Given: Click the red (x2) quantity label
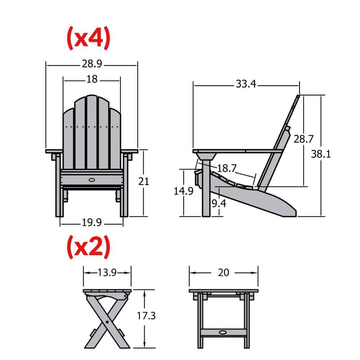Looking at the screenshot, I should coord(88,247).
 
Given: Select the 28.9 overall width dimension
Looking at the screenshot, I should coord(92,64).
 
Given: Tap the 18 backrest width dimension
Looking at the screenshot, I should coord(92,79).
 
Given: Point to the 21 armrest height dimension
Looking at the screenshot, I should coord(144,181).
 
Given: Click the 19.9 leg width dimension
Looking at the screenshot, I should coord(91,223).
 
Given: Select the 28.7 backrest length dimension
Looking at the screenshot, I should coord(304,139).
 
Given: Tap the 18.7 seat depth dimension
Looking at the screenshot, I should coord(227,168).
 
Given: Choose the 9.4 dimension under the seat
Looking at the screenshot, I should coord(219,204).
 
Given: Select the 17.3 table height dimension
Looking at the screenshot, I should coord(146,316).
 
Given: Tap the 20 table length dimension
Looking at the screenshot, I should coord(223,273).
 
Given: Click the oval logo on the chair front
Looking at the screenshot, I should coord(92,179).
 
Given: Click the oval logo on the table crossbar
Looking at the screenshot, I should coord(223,332).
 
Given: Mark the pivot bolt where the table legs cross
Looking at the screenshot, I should coord(107,322).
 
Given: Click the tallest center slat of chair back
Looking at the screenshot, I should coord(91,133).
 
